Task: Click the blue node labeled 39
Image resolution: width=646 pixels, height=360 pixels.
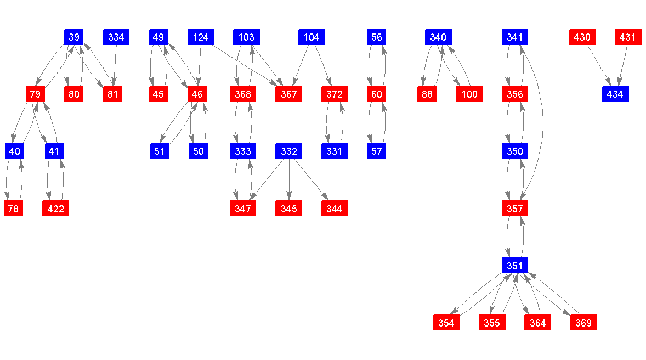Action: pyautogui.click(x=74, y=37)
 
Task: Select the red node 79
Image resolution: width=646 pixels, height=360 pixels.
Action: pyautogui.click(x=35, y=94)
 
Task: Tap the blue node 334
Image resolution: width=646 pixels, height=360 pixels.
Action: pyautogui.click(x=116, y=37)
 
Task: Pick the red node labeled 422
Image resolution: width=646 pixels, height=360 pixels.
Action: pyautogui.click(x=55, y=209)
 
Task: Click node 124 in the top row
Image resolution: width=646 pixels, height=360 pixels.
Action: pyautogui.click(x=201, y=37)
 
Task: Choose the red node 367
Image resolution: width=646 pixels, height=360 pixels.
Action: pyautogui.click(x=288, y=94)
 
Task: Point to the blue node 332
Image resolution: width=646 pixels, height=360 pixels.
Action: pyautogui.click(x=288, y=151)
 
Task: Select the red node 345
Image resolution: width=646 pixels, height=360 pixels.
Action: pyautogui.click(x=288, y=209)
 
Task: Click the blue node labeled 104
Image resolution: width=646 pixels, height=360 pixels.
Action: pyautogui.click(x=311, y=37)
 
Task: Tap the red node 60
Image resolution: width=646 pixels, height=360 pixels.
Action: pyautogui.click(x=376, y=94)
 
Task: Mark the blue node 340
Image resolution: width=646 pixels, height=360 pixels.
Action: pyautogui.click(x=438, y=37)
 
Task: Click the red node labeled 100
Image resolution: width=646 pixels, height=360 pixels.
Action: pyautogui.click(x=469, y=94)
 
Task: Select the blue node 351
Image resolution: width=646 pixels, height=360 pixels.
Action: pyautogui.click(x=514, y=266)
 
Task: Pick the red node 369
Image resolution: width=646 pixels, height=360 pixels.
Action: pyautogui.click(x=583, y=323)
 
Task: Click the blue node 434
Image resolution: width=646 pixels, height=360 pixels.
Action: pyautogui.click(x=615, y=94)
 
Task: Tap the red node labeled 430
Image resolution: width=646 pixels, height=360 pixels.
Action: pyautogui.click(x=582, y=37)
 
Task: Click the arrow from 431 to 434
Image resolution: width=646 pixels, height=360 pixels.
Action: pyautogui.click(x=624, y=66)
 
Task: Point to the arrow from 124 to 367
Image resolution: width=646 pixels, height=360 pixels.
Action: pyautogui.click(x=245, y=66)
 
